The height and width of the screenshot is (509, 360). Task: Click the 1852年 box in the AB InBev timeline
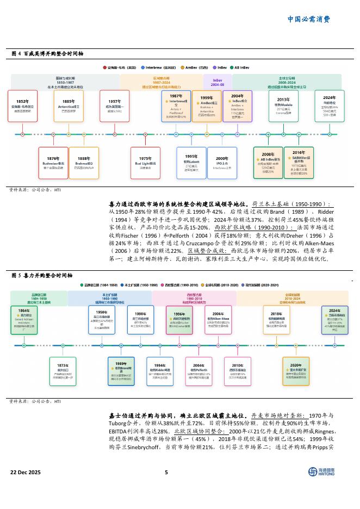(x=22, y=105)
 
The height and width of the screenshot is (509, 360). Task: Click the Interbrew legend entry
(x=156, y=67)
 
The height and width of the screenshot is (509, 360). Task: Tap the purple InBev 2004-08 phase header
(x=218, y=82)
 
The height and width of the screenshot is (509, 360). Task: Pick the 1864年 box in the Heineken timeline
(x=23, y=319)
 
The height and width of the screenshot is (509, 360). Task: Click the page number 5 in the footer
(x=166, y=472)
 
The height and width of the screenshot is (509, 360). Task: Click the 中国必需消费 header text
(x=308, y=19)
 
